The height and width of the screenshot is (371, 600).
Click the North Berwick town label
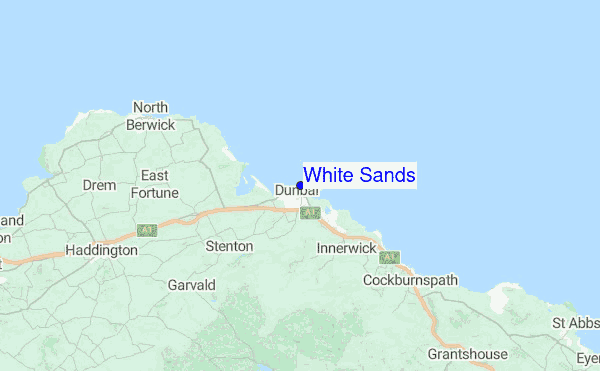pyautogui.click(x=150, y=116)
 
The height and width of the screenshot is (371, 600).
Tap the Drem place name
pyautogui.click(x=99, y=185)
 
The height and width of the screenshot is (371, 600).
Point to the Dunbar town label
pyautogui.click(x=296, y=190)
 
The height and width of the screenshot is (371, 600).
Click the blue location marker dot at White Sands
pyautogui.click(x=300, y=185)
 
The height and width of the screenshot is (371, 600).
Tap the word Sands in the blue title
pyautogui.click(x=386, y=175)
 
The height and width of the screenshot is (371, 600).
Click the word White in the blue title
pyautogui.click(x=329, y=175)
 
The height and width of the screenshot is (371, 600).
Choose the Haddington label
pyautogui.click(x=100, y=250)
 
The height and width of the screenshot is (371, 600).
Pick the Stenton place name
pyautogui.click(x=229, y=245)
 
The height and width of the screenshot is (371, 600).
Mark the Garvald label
pyautogui.click(x=192, y=285)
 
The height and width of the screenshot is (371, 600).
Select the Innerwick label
pyautogui.click(x=347, y=247)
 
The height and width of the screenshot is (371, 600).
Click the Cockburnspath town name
pyautogui.click(x=410, y=280)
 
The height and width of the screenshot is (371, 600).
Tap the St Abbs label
pyautogui.click(x=575, y=323)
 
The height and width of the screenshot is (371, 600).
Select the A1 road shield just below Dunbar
pyautogui.click(x=309, y=214)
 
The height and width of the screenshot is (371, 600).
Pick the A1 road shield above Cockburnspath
pyautogui.click(x=388, y=258)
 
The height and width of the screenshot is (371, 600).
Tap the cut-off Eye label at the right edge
pyautogui.click(x=588, y=357)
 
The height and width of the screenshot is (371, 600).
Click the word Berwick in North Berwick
pyautogui.click(x=150, y=125)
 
